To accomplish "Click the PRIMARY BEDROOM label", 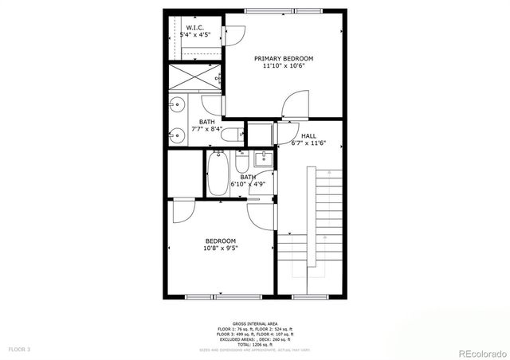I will (x=284, y=58).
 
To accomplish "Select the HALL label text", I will (x=298, y=136).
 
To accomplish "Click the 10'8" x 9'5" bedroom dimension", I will (x=221, y=248).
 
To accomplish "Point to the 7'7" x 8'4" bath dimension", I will (x=206, y=129).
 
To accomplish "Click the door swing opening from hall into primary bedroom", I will (x=296, y=104).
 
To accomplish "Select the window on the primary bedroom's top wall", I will (x=284, y=10).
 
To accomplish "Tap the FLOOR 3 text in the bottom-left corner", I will (x=19, y=349).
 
